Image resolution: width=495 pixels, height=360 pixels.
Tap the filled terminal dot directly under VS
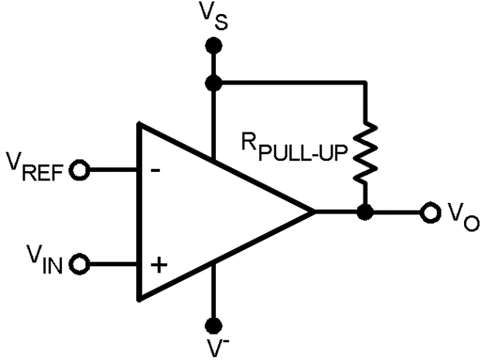coord(213,47)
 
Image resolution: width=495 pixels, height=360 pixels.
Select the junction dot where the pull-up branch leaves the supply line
coord(213,81)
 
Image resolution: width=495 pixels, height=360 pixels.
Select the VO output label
coord(463,216)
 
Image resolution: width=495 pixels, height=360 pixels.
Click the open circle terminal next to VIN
coord(79,266)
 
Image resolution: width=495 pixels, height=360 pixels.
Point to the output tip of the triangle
coord(312,211)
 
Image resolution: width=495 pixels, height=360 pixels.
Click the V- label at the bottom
coord(214,347)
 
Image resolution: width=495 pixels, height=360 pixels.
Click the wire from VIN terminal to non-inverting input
coord(112,266)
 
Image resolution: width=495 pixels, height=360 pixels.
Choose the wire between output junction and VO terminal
coord(394,211)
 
